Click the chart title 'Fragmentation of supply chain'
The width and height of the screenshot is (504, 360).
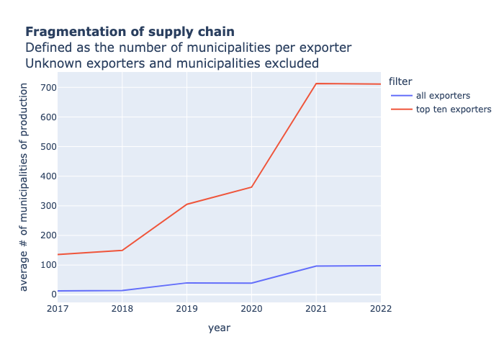[130, 32]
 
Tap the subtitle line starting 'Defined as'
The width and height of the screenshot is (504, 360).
[188, 48]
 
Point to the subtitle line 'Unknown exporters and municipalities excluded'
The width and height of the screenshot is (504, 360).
[172, 63]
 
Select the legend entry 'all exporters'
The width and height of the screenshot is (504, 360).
[443, 95]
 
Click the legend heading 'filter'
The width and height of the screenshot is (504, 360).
[400, 81]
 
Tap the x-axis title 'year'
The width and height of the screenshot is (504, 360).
[219, 328]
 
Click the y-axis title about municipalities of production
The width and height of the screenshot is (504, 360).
[24, 186]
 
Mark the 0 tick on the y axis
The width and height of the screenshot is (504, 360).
[53, 294]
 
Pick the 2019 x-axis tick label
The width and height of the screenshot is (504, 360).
[186, 309]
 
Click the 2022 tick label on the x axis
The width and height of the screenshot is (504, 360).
[380, 309]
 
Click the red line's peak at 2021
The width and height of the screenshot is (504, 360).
[316, 84]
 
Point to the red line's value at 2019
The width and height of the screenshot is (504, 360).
[186, 204]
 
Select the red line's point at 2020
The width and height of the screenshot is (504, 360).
[251, 187]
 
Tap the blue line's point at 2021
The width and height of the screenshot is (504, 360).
[316, 266]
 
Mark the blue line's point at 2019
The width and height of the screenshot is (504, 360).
[186, 283]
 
